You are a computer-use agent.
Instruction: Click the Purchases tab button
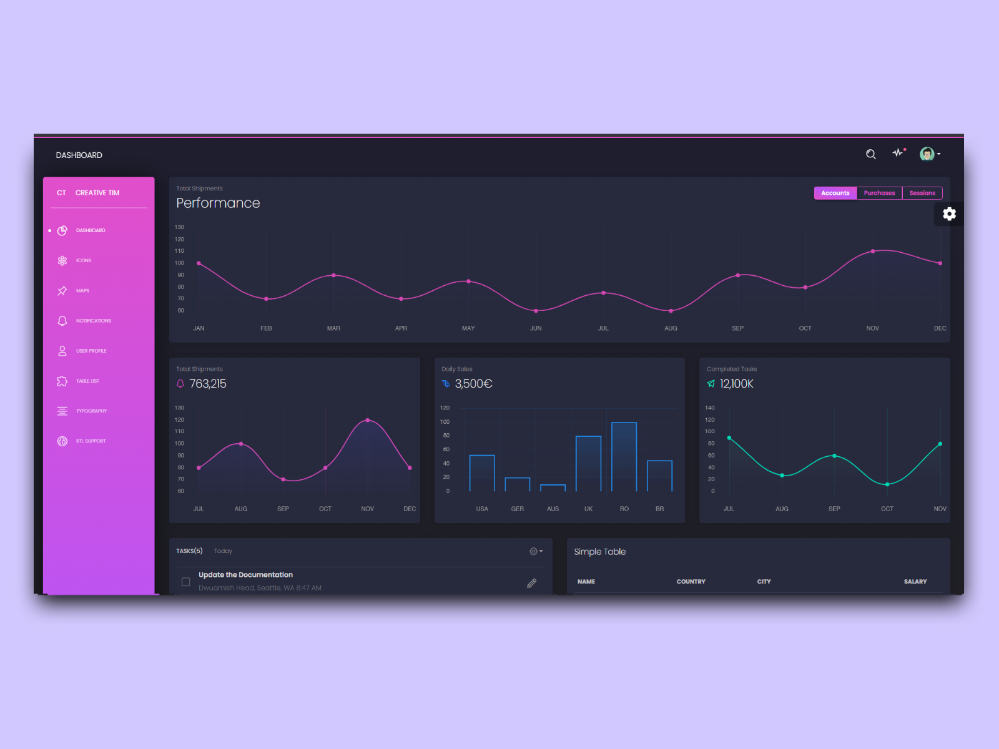coord(879,193)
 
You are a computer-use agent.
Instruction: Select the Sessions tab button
coord(922,193)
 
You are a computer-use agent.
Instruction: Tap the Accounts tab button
coord(835,193)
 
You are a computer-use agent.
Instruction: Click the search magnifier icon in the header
coord(870,154)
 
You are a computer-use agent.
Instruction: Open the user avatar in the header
coord(927,154)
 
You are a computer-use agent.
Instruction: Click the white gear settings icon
coord(949,214)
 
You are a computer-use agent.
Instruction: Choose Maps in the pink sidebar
coord(82,291)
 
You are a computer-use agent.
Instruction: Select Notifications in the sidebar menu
coord(93,321)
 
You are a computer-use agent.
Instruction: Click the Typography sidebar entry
coord(91,411)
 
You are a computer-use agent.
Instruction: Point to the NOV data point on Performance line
coord(872,252)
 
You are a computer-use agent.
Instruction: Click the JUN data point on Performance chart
coord(536,311)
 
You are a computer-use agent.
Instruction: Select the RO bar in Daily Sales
coord(624,457)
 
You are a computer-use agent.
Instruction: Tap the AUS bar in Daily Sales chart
coord(553,487)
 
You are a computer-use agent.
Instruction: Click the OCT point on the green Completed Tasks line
coord(887,484)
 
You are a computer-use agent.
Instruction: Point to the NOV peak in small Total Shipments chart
coord(367,420)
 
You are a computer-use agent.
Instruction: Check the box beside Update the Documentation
coord(185,582)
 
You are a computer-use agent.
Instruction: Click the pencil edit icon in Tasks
coord(531,583)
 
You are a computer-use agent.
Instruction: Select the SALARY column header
coord(915,582)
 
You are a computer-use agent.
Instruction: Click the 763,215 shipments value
coord(208,384)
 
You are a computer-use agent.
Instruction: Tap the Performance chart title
coord(218,203)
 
